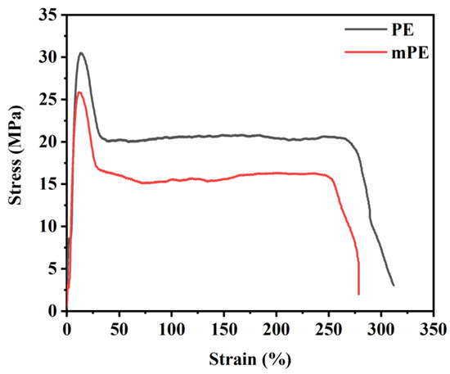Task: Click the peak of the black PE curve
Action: point(80,53)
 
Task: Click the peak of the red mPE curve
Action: point(79,92)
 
